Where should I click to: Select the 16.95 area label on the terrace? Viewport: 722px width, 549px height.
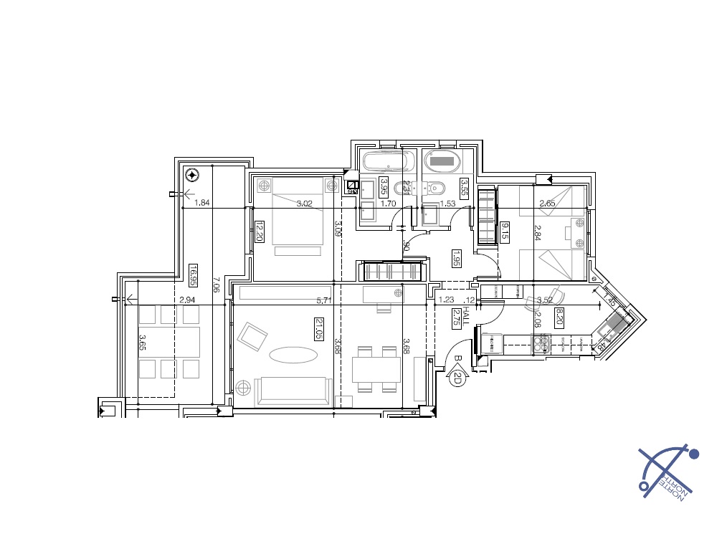click(194, 275)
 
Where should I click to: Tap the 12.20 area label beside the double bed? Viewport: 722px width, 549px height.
click(260, 231)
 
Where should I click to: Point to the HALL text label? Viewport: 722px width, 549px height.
click(466, 316)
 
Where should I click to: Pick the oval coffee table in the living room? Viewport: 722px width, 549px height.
click(293, 355)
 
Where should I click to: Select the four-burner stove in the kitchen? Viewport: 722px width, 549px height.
click(541, 345)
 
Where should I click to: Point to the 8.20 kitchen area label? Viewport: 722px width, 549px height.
click(559, 316)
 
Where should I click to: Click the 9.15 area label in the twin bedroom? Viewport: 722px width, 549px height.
click(505, 231)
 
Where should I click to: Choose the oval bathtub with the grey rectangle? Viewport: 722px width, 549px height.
click(443, 161)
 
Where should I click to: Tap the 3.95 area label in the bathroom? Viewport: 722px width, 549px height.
click(384, 186)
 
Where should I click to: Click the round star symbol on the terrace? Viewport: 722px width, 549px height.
click(191, 174)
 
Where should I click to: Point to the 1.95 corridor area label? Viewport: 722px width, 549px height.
click(456, 259)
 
